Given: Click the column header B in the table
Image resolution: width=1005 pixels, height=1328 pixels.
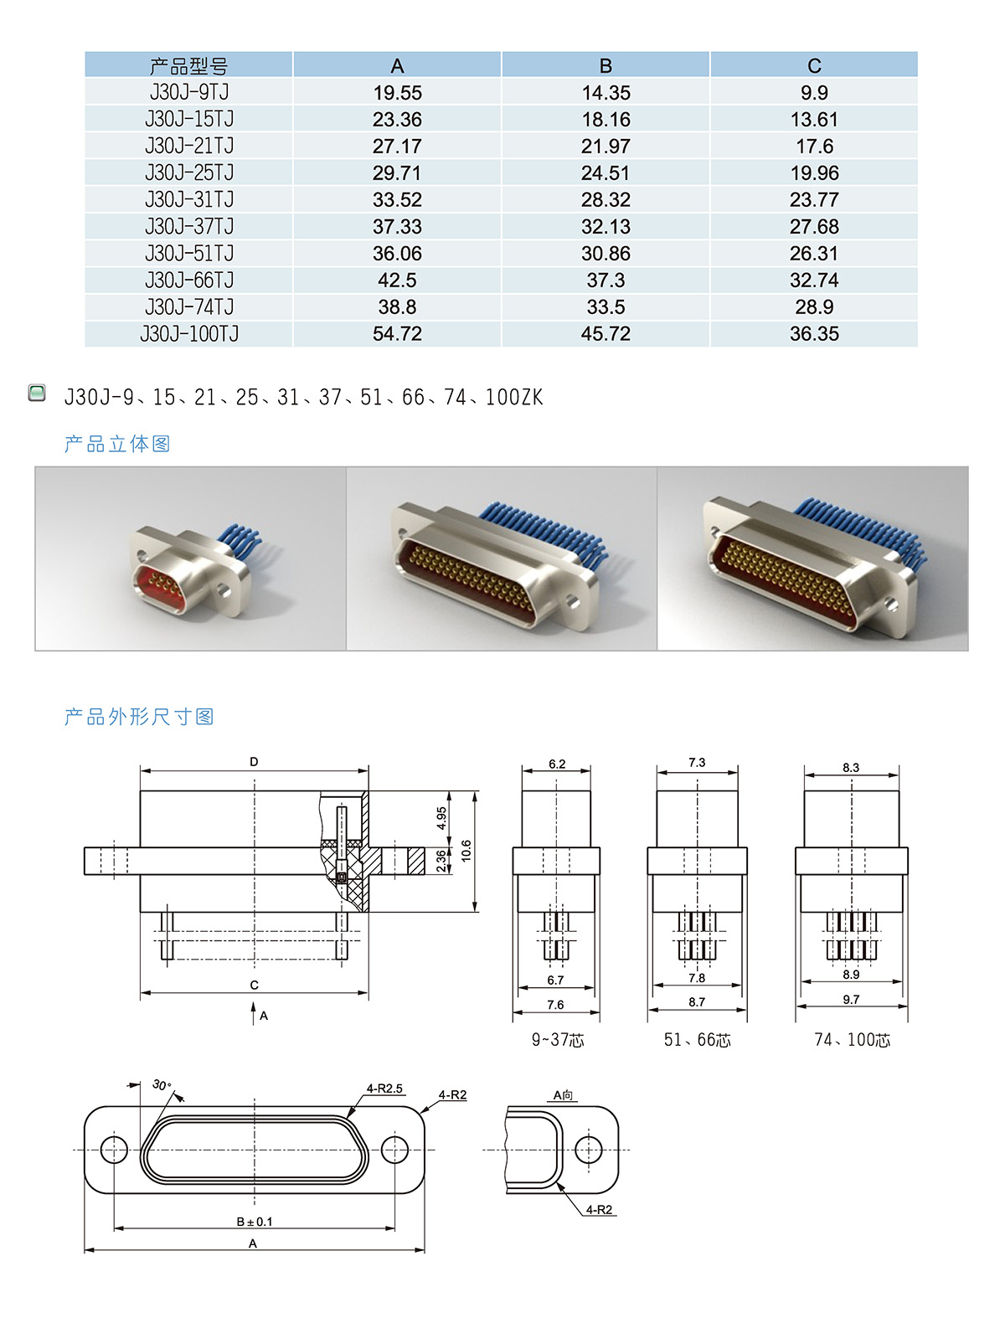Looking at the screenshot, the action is coord(605,65).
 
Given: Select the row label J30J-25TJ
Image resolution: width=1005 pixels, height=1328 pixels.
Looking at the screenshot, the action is coord(188,172).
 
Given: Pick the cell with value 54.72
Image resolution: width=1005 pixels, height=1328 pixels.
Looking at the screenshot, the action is coord(397,333).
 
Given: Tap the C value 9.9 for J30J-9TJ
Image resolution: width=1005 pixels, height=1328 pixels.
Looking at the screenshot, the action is coord(814,93).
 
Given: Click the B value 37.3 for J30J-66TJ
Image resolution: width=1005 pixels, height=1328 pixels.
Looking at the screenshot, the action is coord(605,281).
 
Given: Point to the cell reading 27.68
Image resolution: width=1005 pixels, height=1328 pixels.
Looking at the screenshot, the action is coord(814,226).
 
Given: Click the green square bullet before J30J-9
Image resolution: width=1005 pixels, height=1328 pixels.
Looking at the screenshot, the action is coord(37,394).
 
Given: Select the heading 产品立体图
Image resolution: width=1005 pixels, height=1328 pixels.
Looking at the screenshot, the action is coord(116,444).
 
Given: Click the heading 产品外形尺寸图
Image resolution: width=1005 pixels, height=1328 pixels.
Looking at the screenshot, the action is coord(138,717).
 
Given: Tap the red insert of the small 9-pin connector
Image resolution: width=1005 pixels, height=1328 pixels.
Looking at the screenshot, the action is coord(158,585).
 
